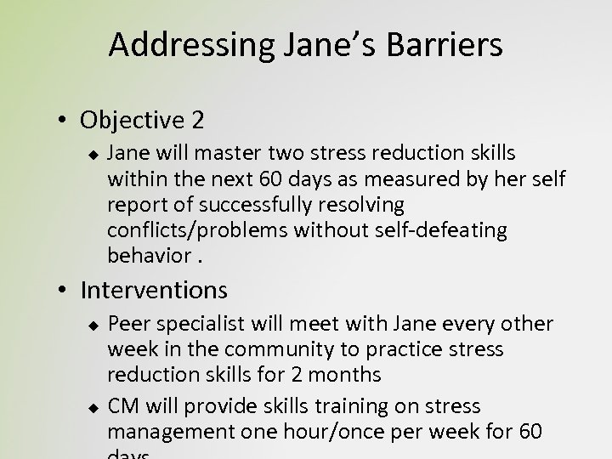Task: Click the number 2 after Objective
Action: pos(197,120)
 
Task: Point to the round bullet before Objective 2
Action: pos(65,121)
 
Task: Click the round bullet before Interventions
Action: pos(65,292)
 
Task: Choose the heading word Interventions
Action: pos(154,291)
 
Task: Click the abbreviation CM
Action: pos(123,407)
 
